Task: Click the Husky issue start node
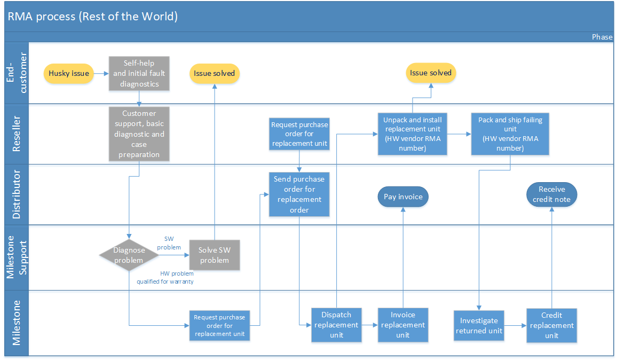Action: [69, 74]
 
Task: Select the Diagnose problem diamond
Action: [129, 255]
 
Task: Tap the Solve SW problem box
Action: [214, 255]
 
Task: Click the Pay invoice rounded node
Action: [403, 197]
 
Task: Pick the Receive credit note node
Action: [551, 194]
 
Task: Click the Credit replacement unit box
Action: [551, 325]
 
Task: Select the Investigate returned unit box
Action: [479, 325]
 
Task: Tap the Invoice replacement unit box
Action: [403, 325]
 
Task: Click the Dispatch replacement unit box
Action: [336, 325]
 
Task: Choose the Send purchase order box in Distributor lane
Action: [299, 194]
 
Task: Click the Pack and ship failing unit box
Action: [510, 134]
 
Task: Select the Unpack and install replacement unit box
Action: [412, 134]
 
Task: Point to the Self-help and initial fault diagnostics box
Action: [139, 73]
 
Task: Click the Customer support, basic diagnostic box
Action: [139, 134]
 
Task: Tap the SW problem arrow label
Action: [172, 244]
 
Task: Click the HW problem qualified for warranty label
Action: [165, 277]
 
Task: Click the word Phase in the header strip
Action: [602, 37]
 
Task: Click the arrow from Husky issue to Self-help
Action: [101, 74]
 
